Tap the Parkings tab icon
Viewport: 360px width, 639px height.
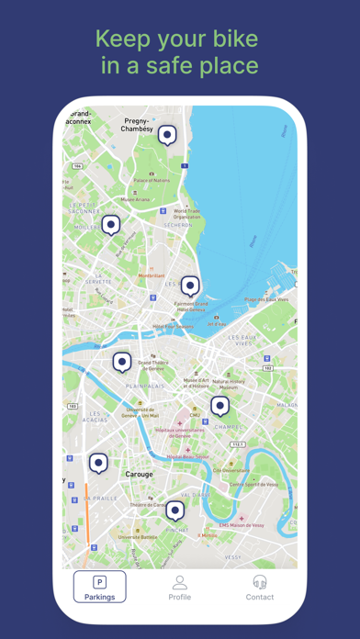(100, 582)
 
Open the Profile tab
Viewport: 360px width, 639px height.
(180, 582)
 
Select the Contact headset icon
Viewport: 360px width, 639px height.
(259, 582)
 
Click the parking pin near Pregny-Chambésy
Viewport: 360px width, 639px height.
(167, 135)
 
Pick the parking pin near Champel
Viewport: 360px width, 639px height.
(219, 405)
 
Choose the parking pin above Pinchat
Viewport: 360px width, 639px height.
(174, 510)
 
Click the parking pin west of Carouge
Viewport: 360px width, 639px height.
(98, 463)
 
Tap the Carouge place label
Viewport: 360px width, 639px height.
(139, 475)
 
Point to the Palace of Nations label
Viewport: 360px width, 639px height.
(152, 180)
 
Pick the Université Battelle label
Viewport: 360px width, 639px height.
(137, 536)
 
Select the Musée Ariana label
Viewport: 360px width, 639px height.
(135, 199)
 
